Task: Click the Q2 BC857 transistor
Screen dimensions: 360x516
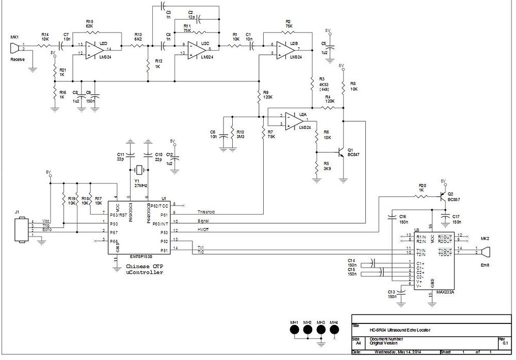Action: click(442, 197)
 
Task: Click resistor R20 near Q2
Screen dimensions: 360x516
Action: click(422, 196)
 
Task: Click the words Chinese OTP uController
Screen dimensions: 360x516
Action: click(144, 269)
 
